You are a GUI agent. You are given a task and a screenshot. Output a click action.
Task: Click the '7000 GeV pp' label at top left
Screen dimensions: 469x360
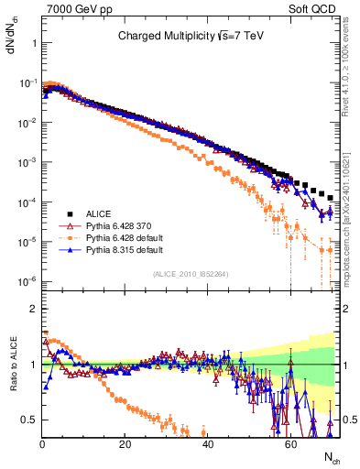(x=73, y=8)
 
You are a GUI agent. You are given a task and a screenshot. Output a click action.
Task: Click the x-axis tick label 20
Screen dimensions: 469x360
(x=125, y=443)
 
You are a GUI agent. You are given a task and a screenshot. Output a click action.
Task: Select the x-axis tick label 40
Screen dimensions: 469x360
(x=207, y=443)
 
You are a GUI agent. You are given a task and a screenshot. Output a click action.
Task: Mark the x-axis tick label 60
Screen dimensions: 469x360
(x=289, y=443)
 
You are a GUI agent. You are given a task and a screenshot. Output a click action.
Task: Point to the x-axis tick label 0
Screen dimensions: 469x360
(x=42, y=443)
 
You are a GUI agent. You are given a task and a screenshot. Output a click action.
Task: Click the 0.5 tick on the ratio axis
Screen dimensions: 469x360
(x=29, y=420)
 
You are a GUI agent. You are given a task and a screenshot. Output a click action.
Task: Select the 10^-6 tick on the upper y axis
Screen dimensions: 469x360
(x=26, y=280)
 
